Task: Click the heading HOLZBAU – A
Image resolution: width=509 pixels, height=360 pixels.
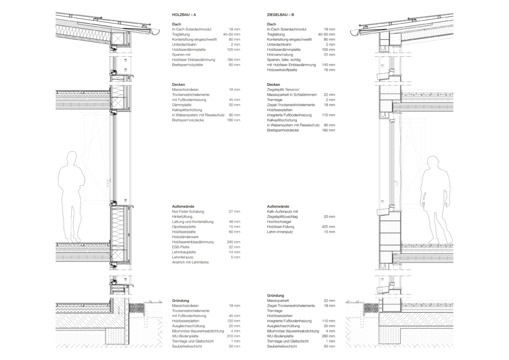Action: coord(184,15)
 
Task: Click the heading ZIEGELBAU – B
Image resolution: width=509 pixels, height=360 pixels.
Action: coord(281,15)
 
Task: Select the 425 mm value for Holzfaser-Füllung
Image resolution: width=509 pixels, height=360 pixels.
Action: coord(329,227)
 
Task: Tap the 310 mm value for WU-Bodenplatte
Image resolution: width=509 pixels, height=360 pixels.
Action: coord(234,336)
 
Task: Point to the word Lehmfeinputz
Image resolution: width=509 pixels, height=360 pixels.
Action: coord(183,258)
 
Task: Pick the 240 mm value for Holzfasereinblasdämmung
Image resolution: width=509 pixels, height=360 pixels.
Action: coord(234,242)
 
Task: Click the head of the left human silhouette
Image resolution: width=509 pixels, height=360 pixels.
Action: coord(71,158)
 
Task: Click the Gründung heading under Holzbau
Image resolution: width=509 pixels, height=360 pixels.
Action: coord(180,301)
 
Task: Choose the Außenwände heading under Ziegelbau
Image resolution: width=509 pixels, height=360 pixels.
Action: coord(278,206)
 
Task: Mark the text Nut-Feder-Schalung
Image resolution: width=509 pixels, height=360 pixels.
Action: coord(188,212)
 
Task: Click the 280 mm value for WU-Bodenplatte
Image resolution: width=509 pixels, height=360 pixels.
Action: coord(329,336)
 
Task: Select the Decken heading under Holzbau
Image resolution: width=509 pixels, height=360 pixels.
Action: coord(179,85)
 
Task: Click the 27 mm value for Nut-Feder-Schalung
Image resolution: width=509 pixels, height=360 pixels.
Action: coord(235,212)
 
